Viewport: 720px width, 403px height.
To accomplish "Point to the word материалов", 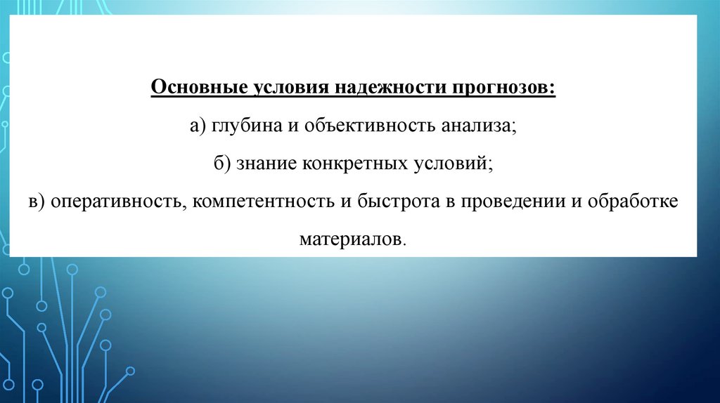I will (352, 239).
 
